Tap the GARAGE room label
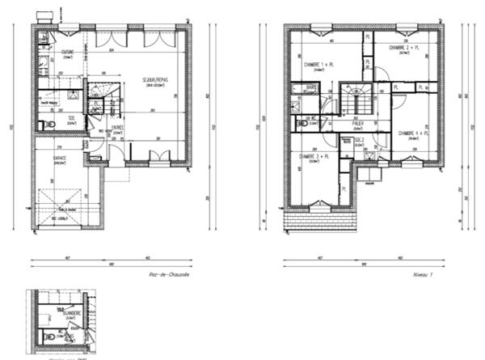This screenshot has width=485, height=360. click(59, 158)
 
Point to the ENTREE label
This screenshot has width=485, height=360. click(117, 128)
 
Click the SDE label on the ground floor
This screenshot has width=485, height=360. click(71, 118)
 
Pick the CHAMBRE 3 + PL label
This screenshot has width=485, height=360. click(314, 156)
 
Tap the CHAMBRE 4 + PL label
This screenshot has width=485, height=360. click(413, 133)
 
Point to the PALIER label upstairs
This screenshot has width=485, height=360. click(357, 124)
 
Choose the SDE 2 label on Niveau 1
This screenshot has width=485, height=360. click(359, 139)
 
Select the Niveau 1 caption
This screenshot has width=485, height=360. click(424, 275)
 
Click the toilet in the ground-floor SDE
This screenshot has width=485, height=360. click(49, 125)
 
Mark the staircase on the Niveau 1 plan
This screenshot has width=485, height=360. click(355, 100)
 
